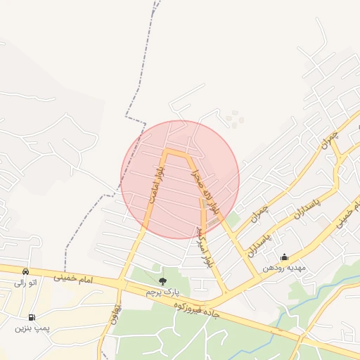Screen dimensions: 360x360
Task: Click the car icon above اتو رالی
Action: coord(26,271)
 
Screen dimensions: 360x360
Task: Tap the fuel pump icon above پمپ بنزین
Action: coord(32,317)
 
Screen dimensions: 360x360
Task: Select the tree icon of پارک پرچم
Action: coord(163,281)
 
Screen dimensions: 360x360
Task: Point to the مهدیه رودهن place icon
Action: coord(284,257)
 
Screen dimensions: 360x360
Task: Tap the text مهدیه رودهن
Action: coord(283,268)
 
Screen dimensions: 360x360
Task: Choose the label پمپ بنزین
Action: coord(32,328)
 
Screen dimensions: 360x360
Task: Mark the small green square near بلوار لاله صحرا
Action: coord(233,220)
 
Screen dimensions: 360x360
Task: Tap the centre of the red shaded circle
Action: coord(180,179)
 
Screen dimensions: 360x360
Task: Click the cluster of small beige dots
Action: coord(234,119)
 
